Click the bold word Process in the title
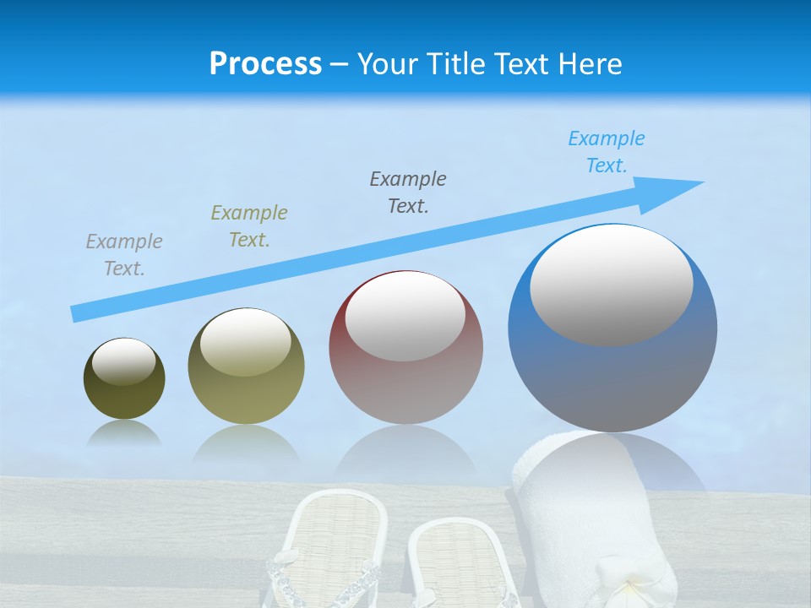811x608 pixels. click(x=265, y=64)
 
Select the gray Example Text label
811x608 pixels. click(x=124, y=255)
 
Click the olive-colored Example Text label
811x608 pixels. click(x=249, y=226)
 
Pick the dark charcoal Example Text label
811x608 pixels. click(x=408, y=193)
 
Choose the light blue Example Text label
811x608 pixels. click(x=607, y=152)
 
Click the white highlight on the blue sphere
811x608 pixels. click(x=612, y=285)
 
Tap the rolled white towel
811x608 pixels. click(x=591, y=524)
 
